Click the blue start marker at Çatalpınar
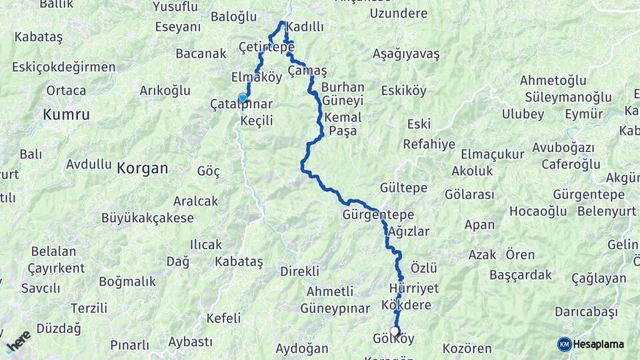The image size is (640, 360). [243, 98]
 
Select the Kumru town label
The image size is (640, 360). [66, 115]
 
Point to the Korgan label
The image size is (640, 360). [142, 168]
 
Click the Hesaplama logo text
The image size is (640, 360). [599, 344]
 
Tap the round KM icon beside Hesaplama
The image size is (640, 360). [564, 344]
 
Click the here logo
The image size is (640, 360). [18, 341]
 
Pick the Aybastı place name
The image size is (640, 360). [189, 341]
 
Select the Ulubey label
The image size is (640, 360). [523, 114]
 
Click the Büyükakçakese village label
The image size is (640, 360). [147, 218]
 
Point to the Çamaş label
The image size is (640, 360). [307, 70]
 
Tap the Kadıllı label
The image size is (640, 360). [305, 27]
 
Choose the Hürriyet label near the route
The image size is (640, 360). [413, 289]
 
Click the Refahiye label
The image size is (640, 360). [429, 144]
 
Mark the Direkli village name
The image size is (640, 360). [299, 271]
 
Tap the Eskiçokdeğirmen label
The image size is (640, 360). [63, 67]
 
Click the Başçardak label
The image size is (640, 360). [521, 275]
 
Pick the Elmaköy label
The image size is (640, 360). [257, 76]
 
